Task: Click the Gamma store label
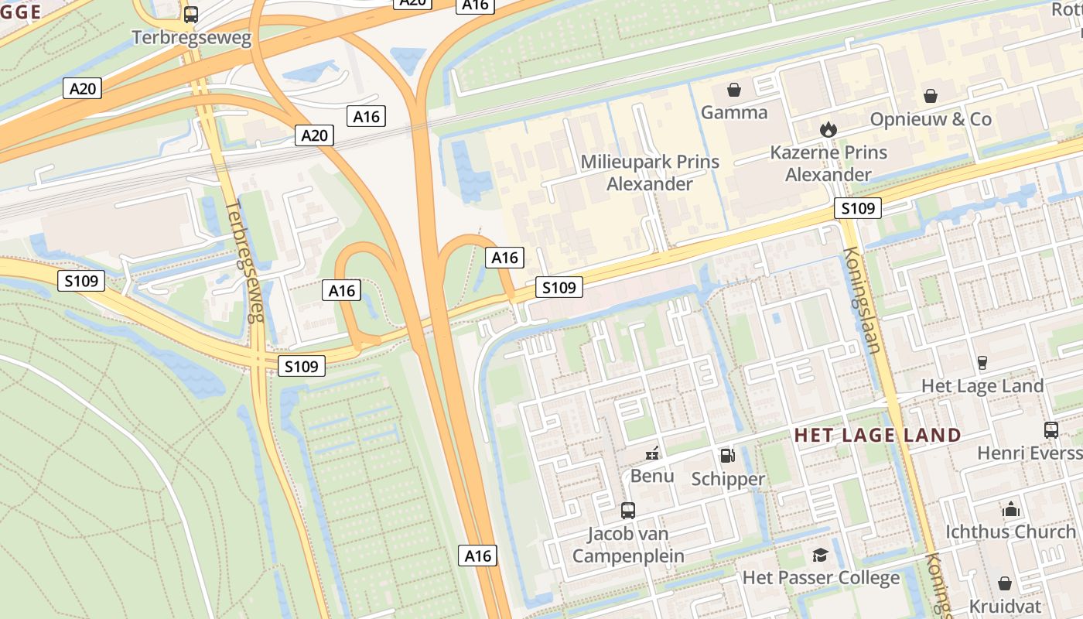pos(734,113)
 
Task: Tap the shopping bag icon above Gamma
pos(734,91)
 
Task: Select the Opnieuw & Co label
pos(931,119)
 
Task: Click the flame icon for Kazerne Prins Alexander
pos(828,129)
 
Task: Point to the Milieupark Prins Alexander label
pos(650,173)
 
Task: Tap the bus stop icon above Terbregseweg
pos(191,15)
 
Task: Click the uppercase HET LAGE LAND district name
pos(878,435)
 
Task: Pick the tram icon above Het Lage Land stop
pos(982,363)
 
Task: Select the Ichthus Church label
pos(1011,532)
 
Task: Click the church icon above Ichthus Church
pos(1011,510)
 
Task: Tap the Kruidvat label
pos(1005,605)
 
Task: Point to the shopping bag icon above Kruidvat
pos(1005,583)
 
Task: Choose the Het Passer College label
pos(821,577)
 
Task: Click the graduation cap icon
pos(820,555)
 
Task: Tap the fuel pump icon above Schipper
pos(728,457)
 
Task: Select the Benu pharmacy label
pos(652,475)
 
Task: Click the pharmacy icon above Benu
pos(653,453)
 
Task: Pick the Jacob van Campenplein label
pos(628,545)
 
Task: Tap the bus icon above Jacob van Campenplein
pos(628,511)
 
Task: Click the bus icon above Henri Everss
pos(1051,430)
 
